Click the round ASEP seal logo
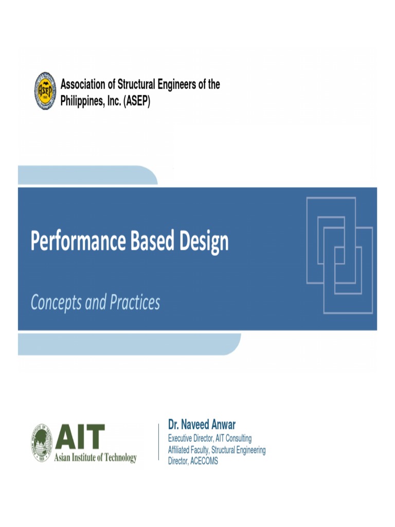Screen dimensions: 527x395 coord(45,91)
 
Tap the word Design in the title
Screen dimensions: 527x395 coord(204,241)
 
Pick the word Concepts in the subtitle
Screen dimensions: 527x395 coord(56,303)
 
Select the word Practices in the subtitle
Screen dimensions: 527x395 coord(134,302)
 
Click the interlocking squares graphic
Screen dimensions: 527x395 coord(339,254)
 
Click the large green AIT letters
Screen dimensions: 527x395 coord(80,437)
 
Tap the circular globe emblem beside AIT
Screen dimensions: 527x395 coord(41,442)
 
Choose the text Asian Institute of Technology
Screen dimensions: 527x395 coord(96,458)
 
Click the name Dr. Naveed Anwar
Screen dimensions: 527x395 coord(202,425)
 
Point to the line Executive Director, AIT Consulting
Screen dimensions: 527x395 coord(210,438)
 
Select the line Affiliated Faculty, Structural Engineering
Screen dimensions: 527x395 coord(217,450)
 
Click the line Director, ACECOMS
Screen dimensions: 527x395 coord(193,461)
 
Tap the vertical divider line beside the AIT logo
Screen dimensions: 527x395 coord(158,442)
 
